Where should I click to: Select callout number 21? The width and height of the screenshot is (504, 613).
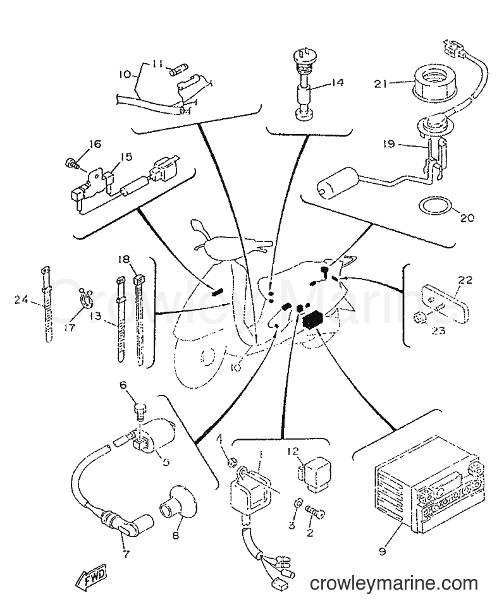tap(381, 83)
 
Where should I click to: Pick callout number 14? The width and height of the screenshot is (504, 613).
tap(336, 83)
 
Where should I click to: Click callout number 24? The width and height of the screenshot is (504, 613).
tap(22, 300)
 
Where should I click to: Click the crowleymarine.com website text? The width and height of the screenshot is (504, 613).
tap(394, 584)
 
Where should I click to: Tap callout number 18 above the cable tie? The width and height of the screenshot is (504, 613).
tap(124, 259)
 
